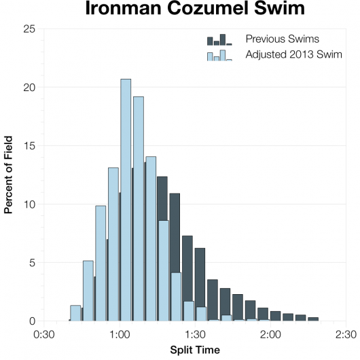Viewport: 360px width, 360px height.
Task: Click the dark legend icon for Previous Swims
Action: tap(219, 39)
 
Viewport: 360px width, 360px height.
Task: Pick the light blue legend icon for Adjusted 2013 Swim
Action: tap(219, 55)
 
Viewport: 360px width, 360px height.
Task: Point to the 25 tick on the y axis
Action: tap(30, 29)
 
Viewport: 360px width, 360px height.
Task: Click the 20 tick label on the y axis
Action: tap(30, 88)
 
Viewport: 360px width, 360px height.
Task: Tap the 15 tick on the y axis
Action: tap(30, 146)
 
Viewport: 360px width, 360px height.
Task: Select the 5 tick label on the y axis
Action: tap(33, 263)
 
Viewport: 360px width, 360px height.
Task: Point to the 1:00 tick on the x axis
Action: tap(120, 334)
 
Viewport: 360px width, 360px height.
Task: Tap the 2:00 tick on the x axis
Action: tap(270, 334)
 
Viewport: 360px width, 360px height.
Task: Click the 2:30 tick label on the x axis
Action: tap(346, 334)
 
